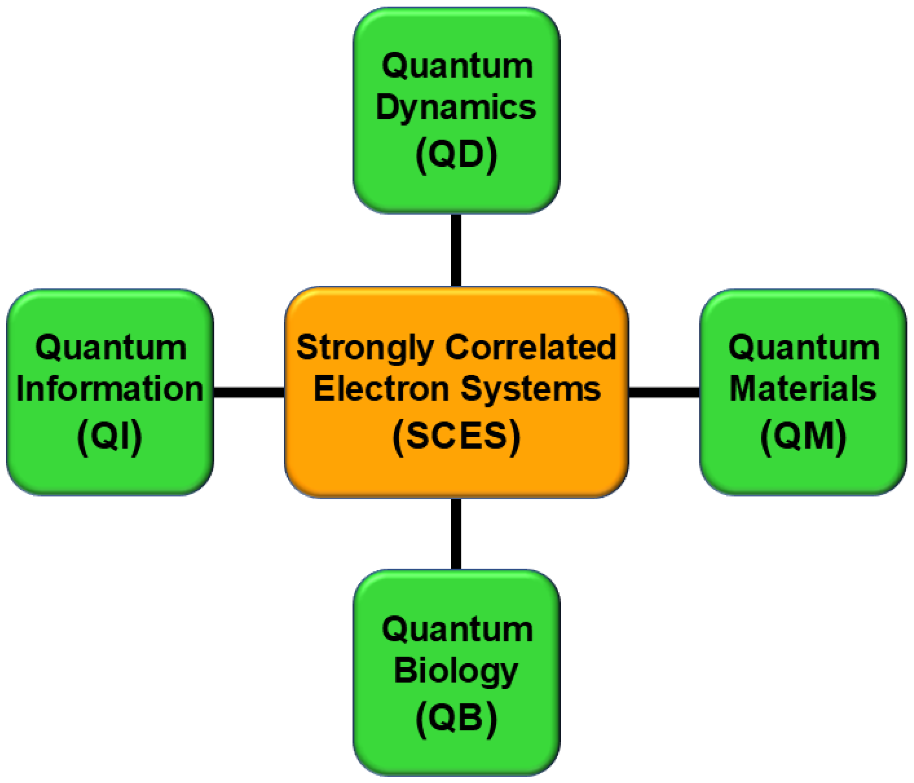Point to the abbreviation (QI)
click(x=110, y=436)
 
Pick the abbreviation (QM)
click(x=803, y=436)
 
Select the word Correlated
click(x=530, y=347)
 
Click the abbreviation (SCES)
click(x=456, y=436)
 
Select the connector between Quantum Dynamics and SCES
click(x=456, y=250)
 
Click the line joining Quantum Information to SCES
click(x=249, y=392)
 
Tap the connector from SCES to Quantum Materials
click(x=664, y=392)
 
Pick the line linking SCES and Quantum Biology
click(x=456, y=534)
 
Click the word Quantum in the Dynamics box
click(x=458, y=67)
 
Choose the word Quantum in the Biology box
click(x=458, y=630)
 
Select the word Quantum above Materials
click(x=804, y=349)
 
